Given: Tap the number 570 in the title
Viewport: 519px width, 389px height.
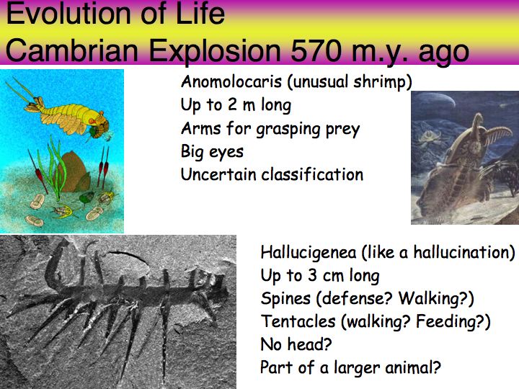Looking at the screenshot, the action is click(x=316, y=50).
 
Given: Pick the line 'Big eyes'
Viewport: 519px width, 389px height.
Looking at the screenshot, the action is click(x=212, y=152).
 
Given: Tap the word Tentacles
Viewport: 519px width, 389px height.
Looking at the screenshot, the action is click(x=298, y=321).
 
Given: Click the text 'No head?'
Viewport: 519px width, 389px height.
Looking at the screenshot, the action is click(x=296, y=344).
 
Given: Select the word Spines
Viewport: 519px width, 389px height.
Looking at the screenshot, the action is click(x=285, y=299).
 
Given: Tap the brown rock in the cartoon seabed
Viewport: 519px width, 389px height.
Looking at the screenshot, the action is click(x=74, y=172).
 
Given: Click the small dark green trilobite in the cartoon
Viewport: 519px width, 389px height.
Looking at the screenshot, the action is click(x=86, y=197).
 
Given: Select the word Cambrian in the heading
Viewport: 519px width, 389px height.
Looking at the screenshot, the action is click(x=71, y=50).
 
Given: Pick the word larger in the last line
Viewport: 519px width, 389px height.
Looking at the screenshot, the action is click(x=357, y=368).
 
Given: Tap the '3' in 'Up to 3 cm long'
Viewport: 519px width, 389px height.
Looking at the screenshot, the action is click(x=312, y=275).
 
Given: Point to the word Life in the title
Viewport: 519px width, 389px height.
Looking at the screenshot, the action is click(x=200, y=14).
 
